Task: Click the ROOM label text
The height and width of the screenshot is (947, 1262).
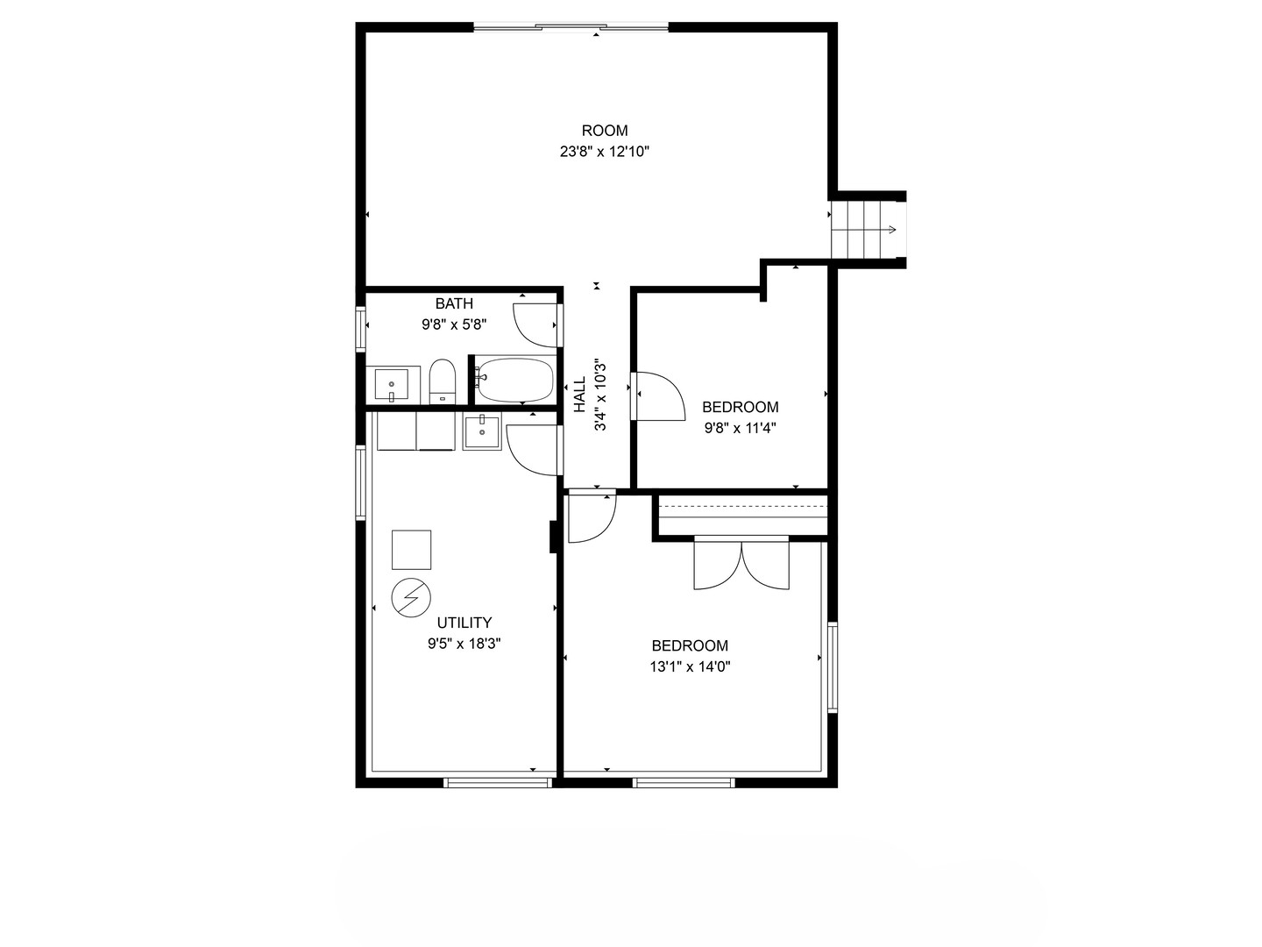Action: (x=605, y=131)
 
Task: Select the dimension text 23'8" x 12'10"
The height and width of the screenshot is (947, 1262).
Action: (x=605, y=152)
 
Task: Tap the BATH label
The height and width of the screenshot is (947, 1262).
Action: (x=454, y=303)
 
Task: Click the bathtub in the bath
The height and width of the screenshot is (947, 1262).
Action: (x=515, y=380)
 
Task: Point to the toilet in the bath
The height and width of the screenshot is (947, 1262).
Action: (x=443, y=381)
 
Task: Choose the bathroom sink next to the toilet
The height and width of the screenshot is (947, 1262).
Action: (x=392, y=384)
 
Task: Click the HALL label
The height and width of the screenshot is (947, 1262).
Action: (x=579, y=395)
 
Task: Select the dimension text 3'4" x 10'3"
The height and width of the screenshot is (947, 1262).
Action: (x=601, y=395)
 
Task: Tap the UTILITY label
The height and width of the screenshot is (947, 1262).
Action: (x=464, y=623)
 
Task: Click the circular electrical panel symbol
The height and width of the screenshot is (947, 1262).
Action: (x=411, y=598)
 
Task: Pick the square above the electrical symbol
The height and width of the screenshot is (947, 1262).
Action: (x=411, y=550)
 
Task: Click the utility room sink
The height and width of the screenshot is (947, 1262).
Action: (x=481, y=432)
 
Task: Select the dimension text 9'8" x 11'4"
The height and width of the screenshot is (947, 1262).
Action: (x=741, y=428)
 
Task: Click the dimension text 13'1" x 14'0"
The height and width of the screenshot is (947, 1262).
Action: (x=691, y=666)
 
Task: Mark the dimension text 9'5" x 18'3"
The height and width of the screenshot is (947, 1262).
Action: (x=464, y=644)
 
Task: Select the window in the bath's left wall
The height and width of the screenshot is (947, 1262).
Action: (x=360, y=329)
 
